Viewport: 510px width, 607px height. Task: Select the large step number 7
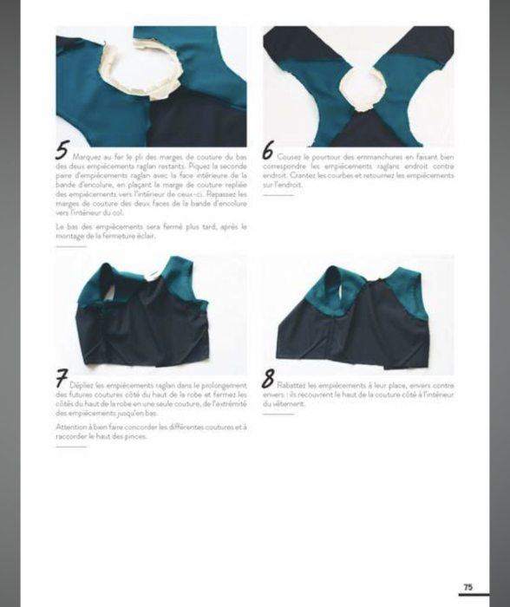pyautogui.click(x=62, y=379)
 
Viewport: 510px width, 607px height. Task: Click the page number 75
pyautogui.click(x=468, y=587)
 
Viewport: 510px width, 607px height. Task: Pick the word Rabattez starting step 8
pyautogui.click(x=297, y=383)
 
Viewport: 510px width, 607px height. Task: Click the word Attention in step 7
pyautogui.click(x=71, y=428)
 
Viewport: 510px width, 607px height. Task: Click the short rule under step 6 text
pyautogui.click(x=278, y=195)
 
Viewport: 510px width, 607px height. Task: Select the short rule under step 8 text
pyautogui.click(x=278, y=414)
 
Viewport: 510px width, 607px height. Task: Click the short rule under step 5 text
pyautogui.click(x=70, y=246)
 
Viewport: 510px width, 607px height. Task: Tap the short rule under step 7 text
pyautogui.click(x=70, y=447)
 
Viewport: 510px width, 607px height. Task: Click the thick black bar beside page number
pyautogui.click(x=474, y=595)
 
